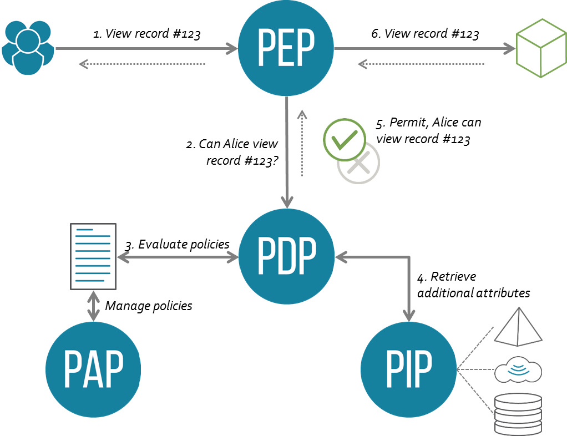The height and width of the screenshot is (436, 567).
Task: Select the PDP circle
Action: (286, 256)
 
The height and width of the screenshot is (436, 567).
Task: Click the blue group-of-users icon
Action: (28, 48)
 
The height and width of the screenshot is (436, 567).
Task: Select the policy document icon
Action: (93, 256)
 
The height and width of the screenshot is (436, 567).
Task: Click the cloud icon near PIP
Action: (518, 369)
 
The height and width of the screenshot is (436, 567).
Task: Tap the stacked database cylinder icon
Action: (517, 413)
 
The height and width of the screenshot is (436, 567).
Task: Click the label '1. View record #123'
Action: (146, 34)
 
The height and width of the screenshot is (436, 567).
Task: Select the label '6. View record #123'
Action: (425, 34)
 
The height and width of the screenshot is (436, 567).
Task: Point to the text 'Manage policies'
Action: (149, 306)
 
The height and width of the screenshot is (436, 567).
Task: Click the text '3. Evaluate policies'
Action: (177, 245)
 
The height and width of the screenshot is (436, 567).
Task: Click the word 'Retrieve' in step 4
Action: (453, 276)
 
